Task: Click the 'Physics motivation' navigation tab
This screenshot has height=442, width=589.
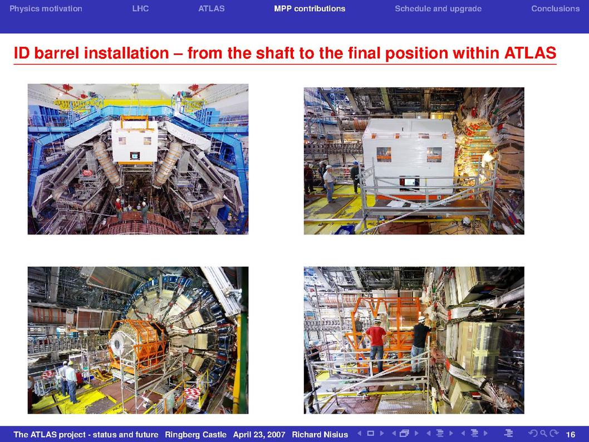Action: (x=46, y=9)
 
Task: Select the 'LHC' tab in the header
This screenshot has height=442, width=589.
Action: (x=140, y=9)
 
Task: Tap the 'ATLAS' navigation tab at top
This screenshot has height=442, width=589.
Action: (x=212, y=9)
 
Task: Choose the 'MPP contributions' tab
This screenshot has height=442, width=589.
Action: (x=310, y=9)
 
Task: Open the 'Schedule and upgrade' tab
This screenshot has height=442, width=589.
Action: (x=438, y=9)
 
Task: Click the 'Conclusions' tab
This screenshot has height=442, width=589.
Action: (x=555, y=9)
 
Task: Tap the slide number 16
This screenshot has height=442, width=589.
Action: (x=570, y=435)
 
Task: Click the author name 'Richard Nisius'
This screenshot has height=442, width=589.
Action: (x=320, y=435)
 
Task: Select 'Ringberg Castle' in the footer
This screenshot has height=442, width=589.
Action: (x=196, y=435)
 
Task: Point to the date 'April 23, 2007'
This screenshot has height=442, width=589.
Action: (x=259, y=435)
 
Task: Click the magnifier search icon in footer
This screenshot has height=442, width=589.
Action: (x=543, y=434)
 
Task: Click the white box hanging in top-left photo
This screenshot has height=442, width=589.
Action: (x=135, y=140)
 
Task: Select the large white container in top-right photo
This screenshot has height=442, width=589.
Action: (x=409, y=157)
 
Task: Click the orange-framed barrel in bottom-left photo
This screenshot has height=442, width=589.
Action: (x=137, y=346)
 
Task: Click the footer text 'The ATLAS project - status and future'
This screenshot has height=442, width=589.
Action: (x=86, y=435)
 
